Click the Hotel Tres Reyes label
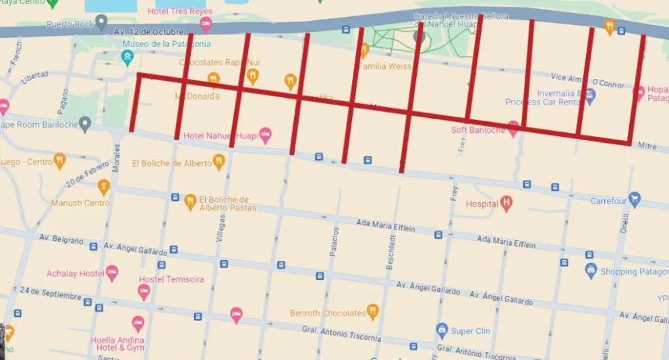[179, 11]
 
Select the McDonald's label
[197, 96]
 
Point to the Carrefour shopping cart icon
[634, 199]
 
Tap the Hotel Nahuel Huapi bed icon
[266, 135]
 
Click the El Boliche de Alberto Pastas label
[227, 204]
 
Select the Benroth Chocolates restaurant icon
[373, 311]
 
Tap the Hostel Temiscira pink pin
[144, 292]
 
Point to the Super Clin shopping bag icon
[442, 330]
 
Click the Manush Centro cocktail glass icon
[103, 186]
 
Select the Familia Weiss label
[384, 66]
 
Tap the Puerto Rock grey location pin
[101, 24]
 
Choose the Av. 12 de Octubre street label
[149, 31]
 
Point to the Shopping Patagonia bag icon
[591, 271]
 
